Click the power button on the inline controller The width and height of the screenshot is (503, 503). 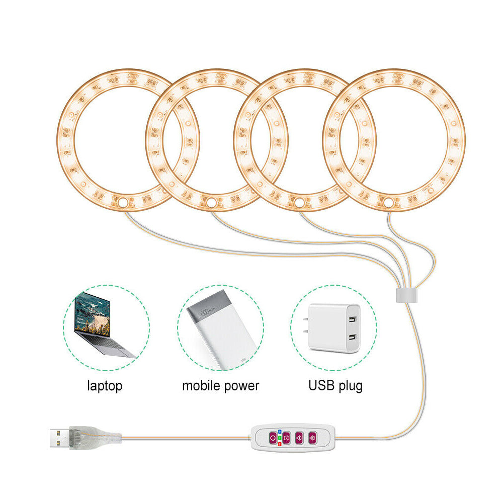pos(272,438)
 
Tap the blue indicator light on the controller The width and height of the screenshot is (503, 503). pos(280,432)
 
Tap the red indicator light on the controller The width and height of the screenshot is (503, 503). pos(280,445)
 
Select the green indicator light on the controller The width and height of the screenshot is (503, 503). pos(280,438)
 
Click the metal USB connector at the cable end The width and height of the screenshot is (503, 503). pos(58,438)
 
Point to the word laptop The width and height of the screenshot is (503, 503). pos(105,386)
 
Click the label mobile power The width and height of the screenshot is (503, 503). pos(220,386)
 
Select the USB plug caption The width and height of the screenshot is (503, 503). pos(335,386)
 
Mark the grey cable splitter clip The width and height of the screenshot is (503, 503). pos(405,295)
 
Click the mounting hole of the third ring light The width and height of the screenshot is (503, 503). pos(300,203)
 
